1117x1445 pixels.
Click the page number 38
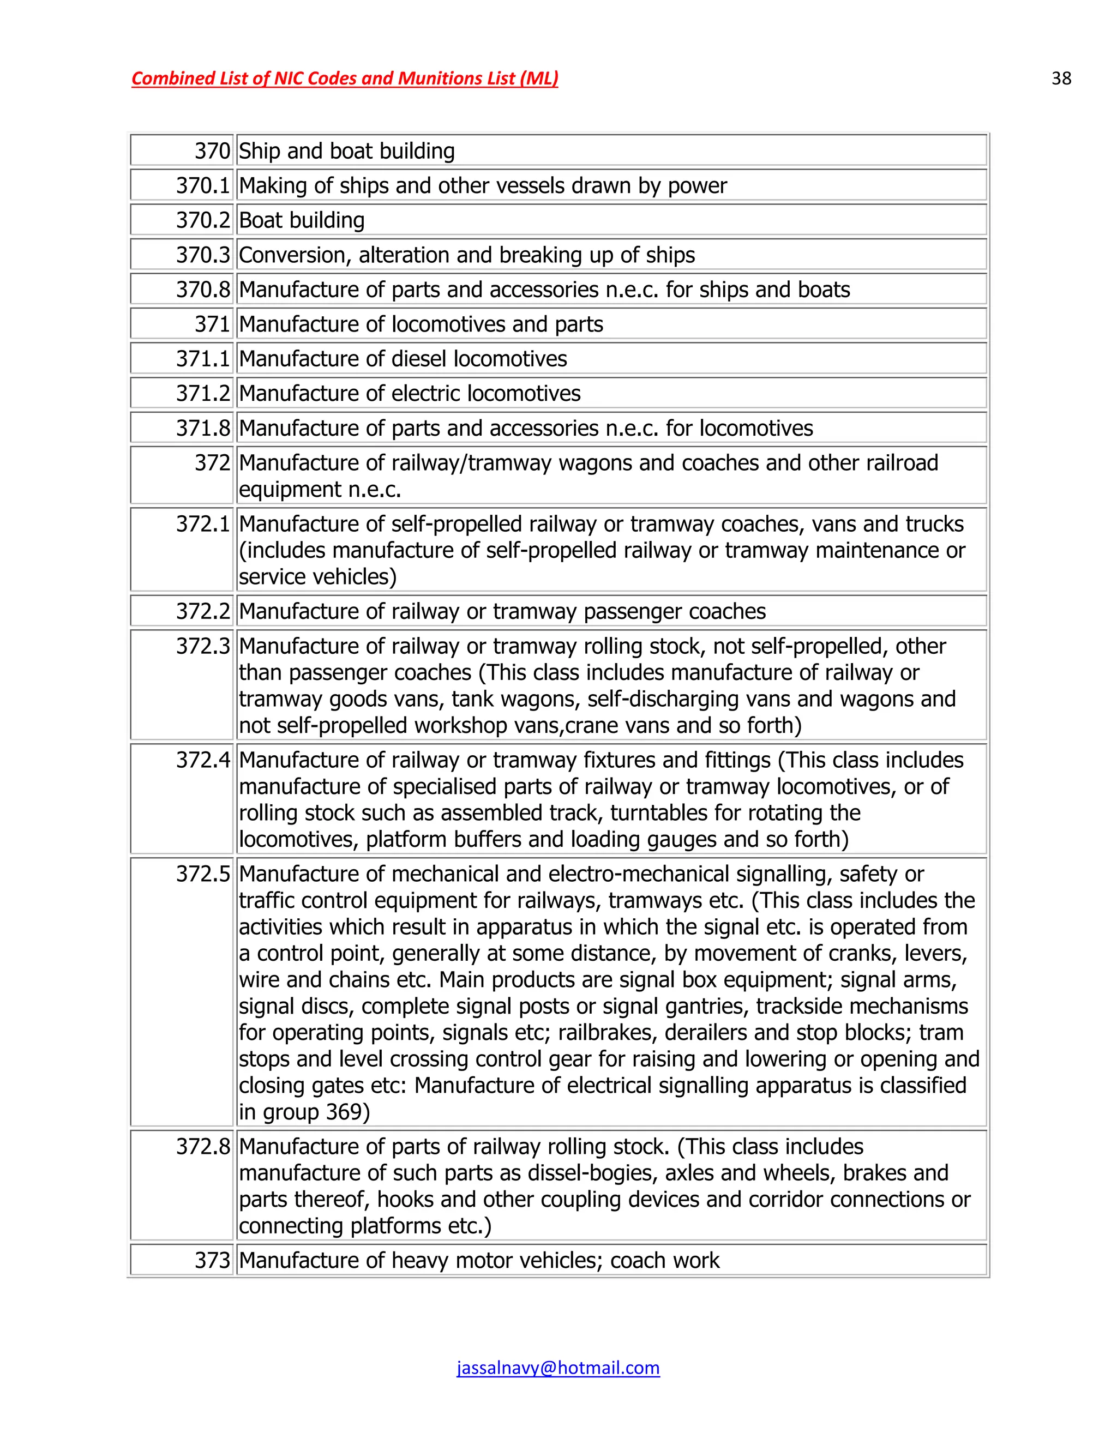(1061, 79)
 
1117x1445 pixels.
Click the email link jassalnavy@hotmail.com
(558, 1368)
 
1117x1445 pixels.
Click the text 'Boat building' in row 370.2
(302, 220)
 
